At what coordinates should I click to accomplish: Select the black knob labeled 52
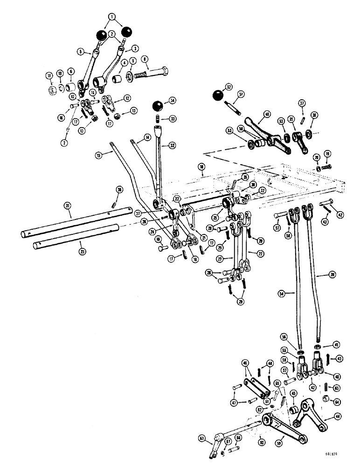tap(218, 95)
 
